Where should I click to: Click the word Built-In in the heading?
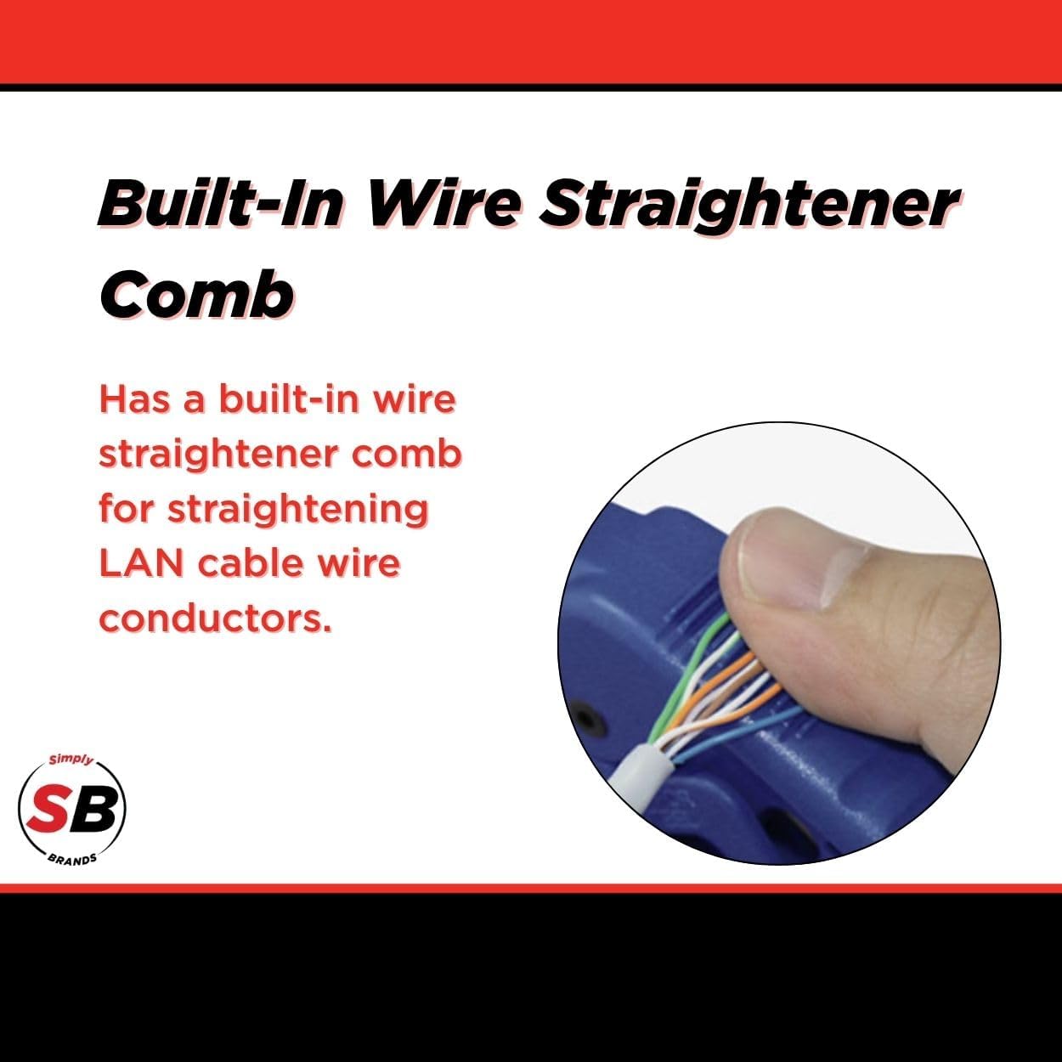219,204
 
